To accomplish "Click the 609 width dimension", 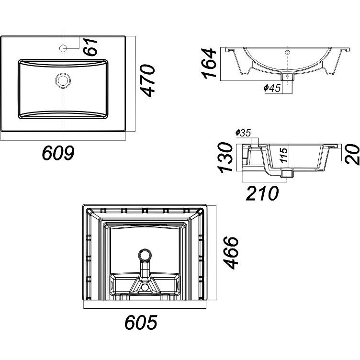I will click(58, 154).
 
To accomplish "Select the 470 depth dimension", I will click(149, 81).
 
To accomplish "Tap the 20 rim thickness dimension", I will click(353, 154).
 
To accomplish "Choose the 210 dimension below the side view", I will click(262, 193).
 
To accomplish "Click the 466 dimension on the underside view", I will click(232, 253).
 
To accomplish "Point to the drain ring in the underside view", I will click(144, 255).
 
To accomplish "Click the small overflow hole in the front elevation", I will click(287, 52).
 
